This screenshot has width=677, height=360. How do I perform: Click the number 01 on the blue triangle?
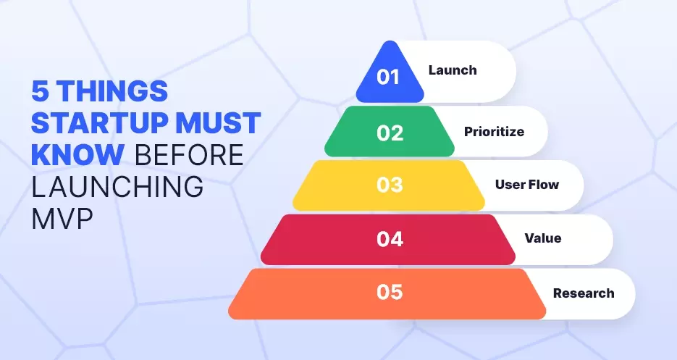(388, 77)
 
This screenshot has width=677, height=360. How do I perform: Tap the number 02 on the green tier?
(390, 133)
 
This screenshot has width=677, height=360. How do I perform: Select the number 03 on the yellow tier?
(390, 185)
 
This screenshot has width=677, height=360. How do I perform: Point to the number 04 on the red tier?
(390, 239)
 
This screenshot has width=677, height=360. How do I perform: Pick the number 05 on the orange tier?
(390, 292)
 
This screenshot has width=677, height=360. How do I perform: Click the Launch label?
(453, 70)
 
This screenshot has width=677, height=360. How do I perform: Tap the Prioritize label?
(494, 131)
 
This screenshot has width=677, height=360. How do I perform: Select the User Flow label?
(526, 185)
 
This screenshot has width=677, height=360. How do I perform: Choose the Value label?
(543, 238)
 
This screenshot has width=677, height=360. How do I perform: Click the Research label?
(584, 293)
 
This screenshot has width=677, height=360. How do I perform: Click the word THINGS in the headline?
(112, 91)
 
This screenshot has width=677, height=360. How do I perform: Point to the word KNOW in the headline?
(77, 155)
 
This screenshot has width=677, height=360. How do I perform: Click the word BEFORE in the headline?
(189, 155)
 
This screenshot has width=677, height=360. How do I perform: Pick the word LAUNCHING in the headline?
(117, 186)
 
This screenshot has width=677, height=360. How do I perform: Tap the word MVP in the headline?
(62, 218)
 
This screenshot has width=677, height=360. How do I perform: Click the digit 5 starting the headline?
(40, 91)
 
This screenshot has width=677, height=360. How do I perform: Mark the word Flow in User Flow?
(543, 185)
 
